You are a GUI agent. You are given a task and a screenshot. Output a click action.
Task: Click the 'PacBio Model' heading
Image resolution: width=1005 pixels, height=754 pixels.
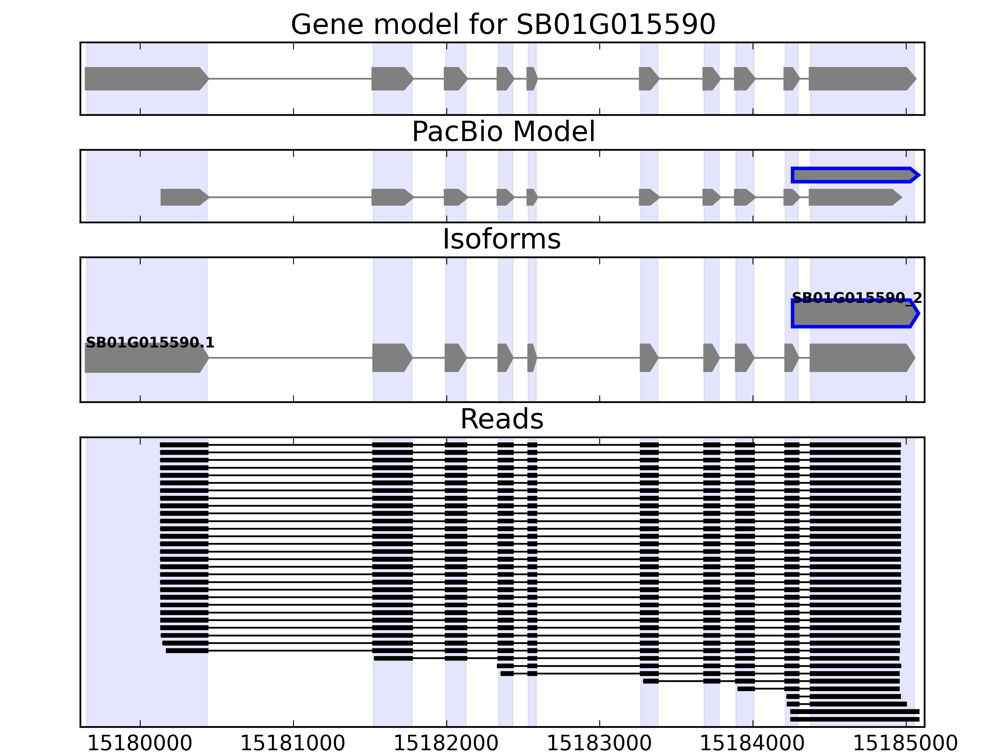pos(503,132)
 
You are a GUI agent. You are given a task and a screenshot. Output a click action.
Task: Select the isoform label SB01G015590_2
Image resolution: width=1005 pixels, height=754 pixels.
pos(857,298)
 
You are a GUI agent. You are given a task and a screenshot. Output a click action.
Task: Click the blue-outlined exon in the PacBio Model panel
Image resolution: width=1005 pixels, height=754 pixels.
pos(854,175)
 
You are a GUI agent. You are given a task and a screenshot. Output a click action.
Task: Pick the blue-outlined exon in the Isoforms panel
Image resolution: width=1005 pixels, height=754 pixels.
pos(854,314)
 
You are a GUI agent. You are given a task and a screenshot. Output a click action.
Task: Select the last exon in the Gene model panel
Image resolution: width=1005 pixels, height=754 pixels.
pos(861,79)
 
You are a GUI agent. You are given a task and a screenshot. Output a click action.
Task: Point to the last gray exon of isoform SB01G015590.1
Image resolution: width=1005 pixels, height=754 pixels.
pos(861,358)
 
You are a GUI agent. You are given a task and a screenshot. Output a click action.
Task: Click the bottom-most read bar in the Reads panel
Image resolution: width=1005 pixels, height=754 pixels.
pos(854,719)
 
